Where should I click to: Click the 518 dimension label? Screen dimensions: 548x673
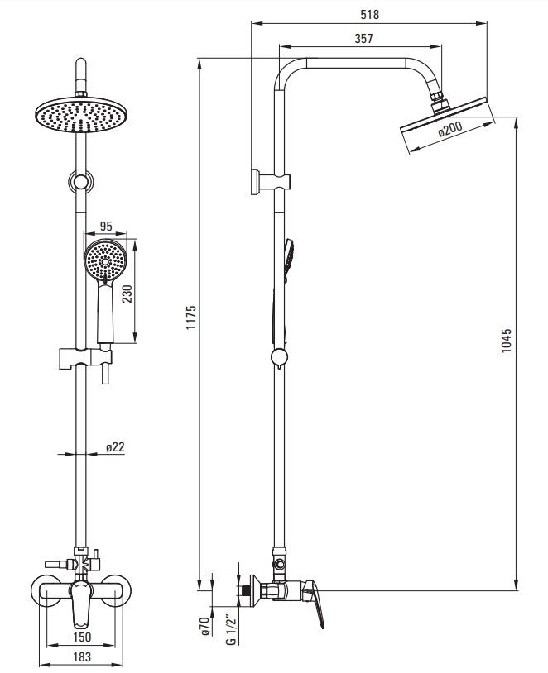click(x=370, y=15)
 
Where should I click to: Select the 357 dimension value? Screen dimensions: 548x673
click(x=363, y=39)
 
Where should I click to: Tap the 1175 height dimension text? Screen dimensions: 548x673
click(x=191, y=317)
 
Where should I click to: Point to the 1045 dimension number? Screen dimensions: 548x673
click(x=507, y=341)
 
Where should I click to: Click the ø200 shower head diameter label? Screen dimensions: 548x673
click(x=450, y=129)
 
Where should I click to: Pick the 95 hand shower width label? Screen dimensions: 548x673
click(x=106, y=226)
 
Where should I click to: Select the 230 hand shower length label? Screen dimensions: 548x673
click(x=127, y=294)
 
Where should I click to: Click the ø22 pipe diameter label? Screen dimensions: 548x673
click(x=115, y=447)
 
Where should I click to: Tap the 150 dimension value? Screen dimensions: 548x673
click(x=82, y=637)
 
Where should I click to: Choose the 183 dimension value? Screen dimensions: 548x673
click(x=82, y=656)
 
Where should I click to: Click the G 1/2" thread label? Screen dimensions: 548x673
click(x=232, y=630)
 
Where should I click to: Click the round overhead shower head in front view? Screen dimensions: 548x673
click(x=81, y=115)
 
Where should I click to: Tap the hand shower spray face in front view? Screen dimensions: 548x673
click(x=105, y=260)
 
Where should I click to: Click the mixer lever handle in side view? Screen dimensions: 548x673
click(x=313, y=602)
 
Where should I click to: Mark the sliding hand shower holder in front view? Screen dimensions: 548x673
click(x=85, y=360)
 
